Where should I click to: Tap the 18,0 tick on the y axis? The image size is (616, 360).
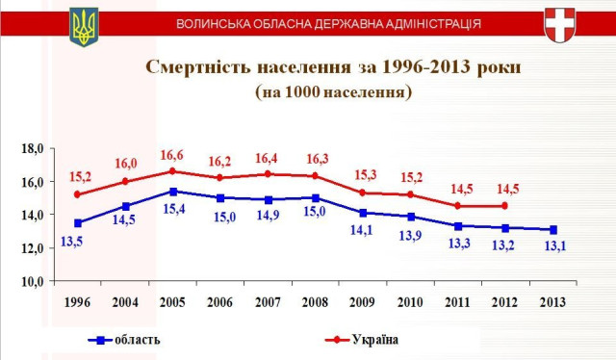pos(34,148)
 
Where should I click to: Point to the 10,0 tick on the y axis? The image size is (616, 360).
pos(34,281)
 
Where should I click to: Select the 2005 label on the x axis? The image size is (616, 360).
pos(173,300)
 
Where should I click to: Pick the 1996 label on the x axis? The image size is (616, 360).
pos(78,300)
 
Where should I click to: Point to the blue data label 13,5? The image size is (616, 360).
pos(71,241)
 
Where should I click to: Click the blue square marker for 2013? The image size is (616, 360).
pos(551,230)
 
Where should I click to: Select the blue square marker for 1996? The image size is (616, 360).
pos(78,223)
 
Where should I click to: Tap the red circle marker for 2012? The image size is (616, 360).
pos(503,206)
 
